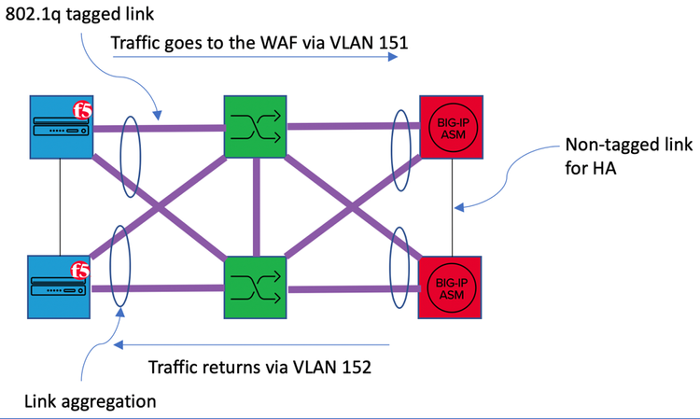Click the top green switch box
pyautogui.click(x=255, y=126)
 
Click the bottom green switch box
pyautogui.click(x=255, y=287)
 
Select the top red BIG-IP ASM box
pyautogui.click(x=452, y=127)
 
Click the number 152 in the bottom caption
pyautogui.click(x=355, y=367)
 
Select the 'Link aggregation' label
pyautogui.click(x=91, y=402)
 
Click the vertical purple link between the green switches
pyautogui.click(x=255, y=207)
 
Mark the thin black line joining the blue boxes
pyautogui.click(x=61, y=207)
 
